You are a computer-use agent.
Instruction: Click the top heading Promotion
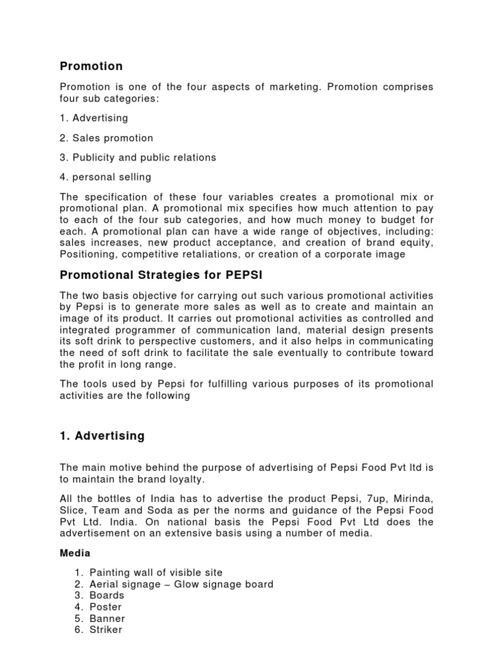pos(91,66)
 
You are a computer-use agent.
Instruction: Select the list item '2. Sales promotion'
pos(106,138)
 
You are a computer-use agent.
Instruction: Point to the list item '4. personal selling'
pos(105,177)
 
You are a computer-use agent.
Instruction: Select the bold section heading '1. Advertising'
pos(102,436)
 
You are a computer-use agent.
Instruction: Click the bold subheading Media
pos(75,553)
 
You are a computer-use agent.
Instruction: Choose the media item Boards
pos(107,596)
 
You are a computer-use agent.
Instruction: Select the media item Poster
pos(105,607)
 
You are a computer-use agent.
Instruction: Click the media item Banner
pos(107,619)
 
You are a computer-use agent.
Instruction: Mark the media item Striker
pos(105,630)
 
